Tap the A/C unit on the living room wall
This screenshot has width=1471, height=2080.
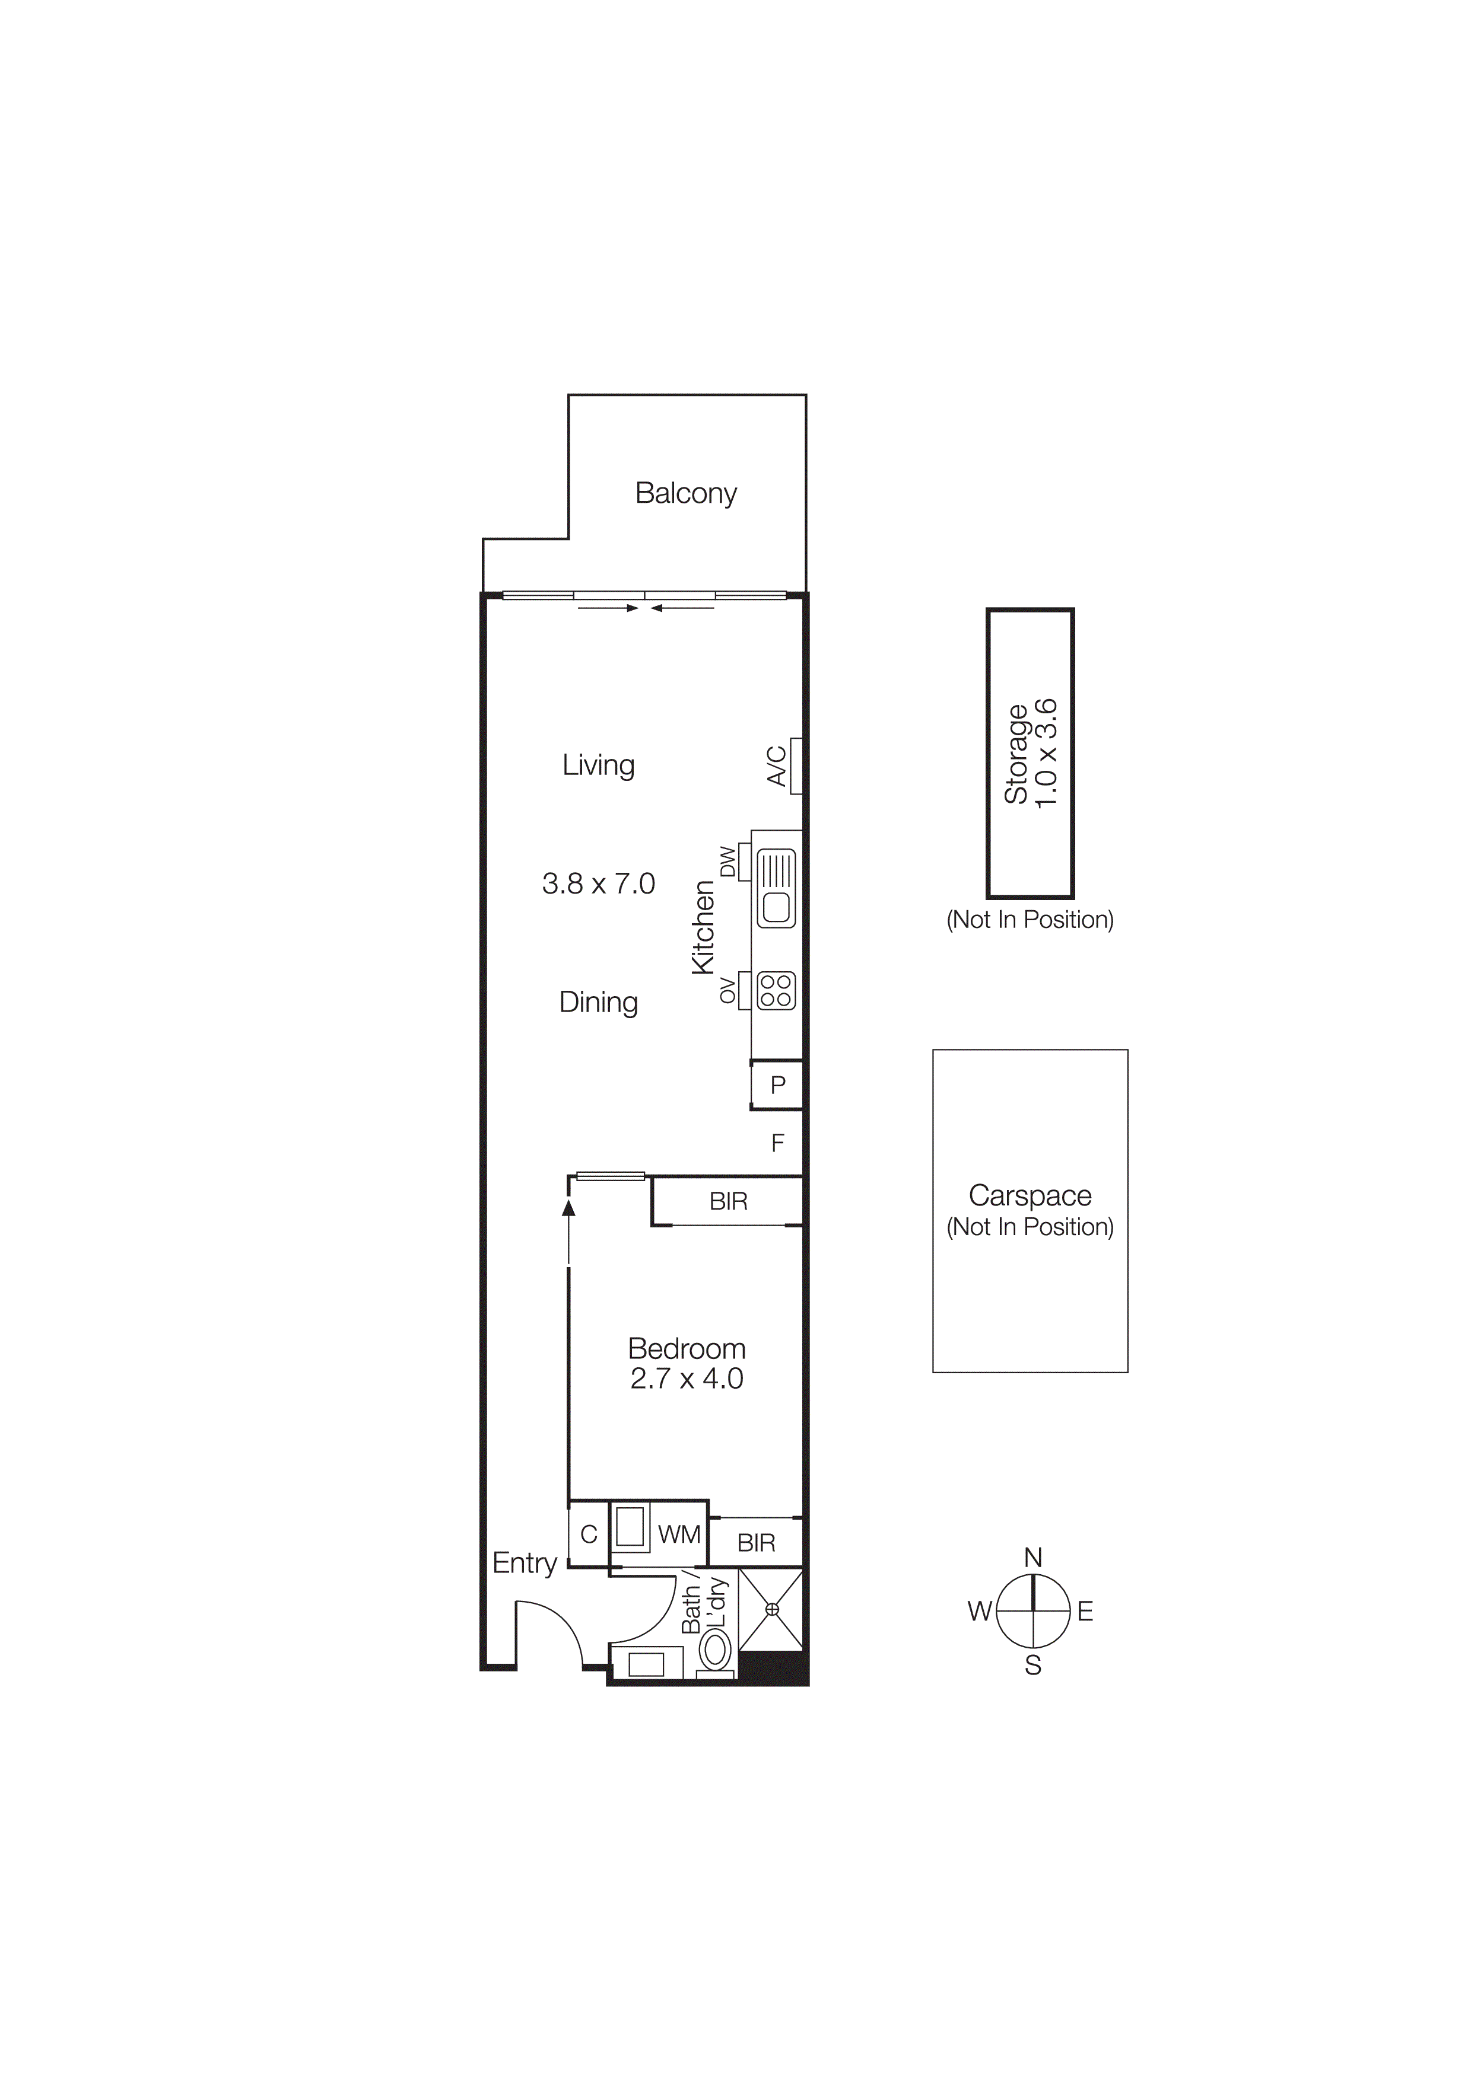[x=796, y=765]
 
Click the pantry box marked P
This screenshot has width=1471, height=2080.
[x=777, y=1084]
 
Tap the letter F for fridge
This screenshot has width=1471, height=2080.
[x=777, y=1143]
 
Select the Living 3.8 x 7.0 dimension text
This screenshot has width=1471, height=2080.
[x=598, y=883]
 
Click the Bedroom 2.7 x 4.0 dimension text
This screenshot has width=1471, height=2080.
[x=686, y=1379]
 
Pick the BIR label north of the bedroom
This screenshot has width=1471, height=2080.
[x=728, y=1201]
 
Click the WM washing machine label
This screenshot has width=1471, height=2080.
[x=679, y=1535]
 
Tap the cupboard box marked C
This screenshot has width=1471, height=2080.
[x=588, y=1534]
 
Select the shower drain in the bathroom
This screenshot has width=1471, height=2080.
[x=771, y=1609]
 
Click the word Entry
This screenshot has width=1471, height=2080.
[x=524, y=1563]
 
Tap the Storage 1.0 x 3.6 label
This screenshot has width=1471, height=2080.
[x=1030, y=753]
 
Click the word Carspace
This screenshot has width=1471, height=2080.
[x=1030, y=1196]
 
